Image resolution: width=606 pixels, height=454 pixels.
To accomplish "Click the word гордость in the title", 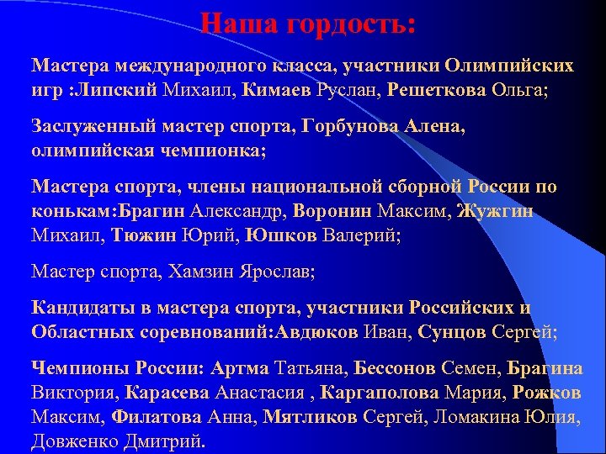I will point(352,22).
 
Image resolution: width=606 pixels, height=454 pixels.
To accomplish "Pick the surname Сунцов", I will point(452,330).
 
